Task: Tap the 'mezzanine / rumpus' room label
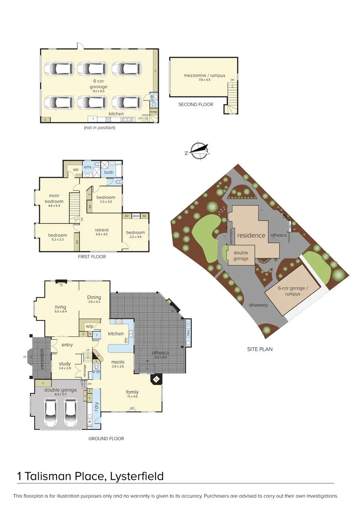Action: tap(205, 75)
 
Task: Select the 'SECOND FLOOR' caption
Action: tap(196, 104)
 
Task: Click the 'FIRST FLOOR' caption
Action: tap(92, 257)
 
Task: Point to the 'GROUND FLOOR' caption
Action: tap(106, 438)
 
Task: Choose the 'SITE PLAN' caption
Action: tap(260, 349)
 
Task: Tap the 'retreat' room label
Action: tap(102, 230)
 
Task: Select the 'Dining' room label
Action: tap(94, 297)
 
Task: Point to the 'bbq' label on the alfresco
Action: tap(188, 332)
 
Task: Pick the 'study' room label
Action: tap(65, 363)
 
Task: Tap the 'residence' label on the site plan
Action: tap(251, 235)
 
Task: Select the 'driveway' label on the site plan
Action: tap(258, 305)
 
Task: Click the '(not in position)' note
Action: tap(99, 127)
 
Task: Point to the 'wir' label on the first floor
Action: tap(75, 170)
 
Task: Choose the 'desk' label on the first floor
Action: tap(136, 216)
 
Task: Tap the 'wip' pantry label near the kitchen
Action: tap(90, 326)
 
